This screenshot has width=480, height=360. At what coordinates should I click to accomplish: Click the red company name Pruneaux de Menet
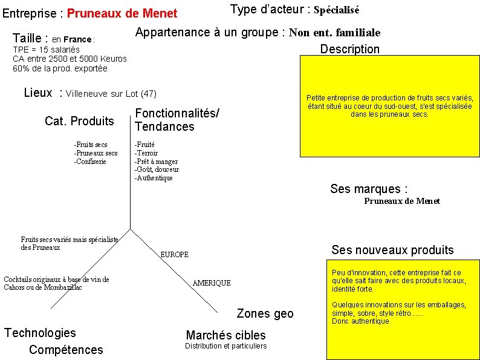(x=122, y=13)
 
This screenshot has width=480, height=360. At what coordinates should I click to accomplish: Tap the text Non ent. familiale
(x=335, y=33)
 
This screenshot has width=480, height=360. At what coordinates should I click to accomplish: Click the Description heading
(x=350, y=49)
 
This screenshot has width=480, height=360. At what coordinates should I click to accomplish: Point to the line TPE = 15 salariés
(x=47, y=49)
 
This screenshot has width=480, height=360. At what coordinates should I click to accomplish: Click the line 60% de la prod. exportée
(x=60, y=68)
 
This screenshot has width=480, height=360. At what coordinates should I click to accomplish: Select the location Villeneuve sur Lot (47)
(x=111, y=94)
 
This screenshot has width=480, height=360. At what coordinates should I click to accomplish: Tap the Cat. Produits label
(x=79, y=121)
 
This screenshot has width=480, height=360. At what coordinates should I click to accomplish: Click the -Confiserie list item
(x=90, y=162)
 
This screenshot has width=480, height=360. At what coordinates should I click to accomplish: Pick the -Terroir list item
(x=146, y=153)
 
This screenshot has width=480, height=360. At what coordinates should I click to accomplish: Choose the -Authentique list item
(x=154, y=178)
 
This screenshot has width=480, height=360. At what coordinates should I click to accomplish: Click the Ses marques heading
(x=369, y=189)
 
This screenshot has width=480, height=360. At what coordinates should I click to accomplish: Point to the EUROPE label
(x=174, y=255)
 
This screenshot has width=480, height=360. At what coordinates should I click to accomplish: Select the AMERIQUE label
(x=212, y=283)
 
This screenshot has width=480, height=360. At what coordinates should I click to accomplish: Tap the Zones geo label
(x=265, y=313)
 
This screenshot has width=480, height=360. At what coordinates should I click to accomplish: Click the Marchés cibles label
(x=225, y=335)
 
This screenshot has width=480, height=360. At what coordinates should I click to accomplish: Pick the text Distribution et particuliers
(x=225, y=346)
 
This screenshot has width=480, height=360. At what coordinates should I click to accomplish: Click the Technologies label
(x=40, y=333)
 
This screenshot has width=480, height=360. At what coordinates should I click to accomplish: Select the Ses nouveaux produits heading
(x=392, y=250)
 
